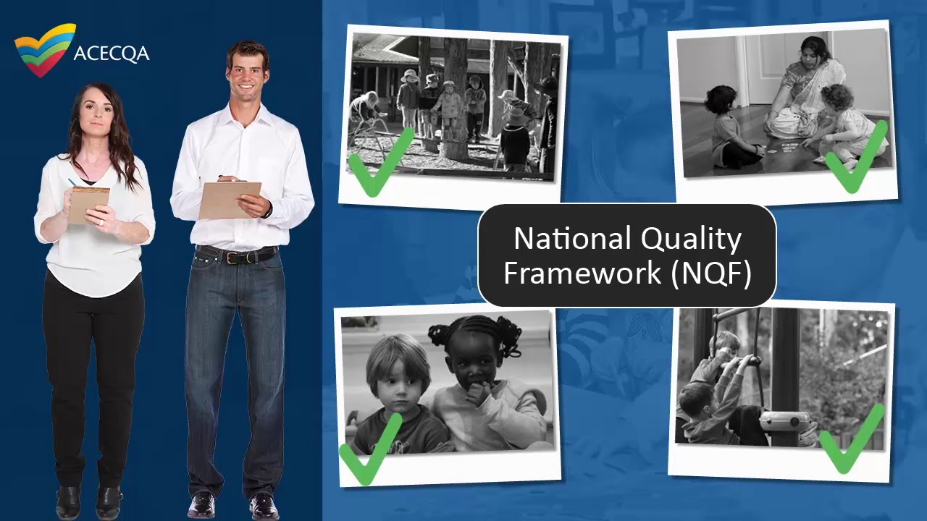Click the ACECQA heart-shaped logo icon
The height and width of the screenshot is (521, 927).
[x=45, y=50]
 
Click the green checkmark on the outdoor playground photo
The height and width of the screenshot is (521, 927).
[x=379, y=163]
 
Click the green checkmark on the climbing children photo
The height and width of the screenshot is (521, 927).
[x=852, y=440]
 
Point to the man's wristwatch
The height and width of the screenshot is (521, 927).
[x=268, y=211]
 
